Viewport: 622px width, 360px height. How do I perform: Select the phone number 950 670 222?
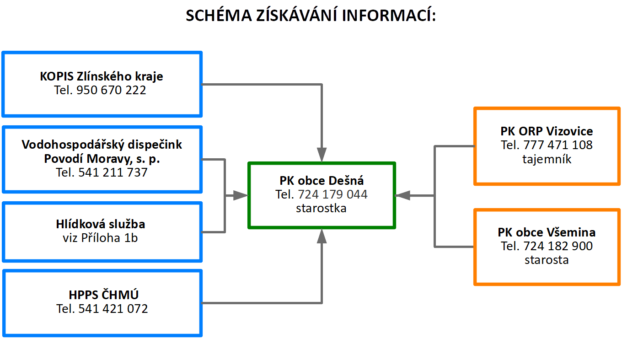pyautogui.click(x=111, y=90)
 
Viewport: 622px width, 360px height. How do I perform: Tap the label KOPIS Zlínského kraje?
pyautogui.click(x=102, y=76)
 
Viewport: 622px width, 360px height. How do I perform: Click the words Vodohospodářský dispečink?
pyautogui.click(x=102, y=145)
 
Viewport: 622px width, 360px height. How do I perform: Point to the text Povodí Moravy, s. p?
pyautogui.click(x=102, y=159)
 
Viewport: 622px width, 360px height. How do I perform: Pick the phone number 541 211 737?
pyautogui.click(x=113, y=172)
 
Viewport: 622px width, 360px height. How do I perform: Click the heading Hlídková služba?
pyautogui.click(x=101, y=224)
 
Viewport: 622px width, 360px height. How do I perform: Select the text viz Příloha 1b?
pyautogui.click(x=100, y=238)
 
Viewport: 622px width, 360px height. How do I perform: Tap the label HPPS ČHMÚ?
pyautogui.click(x=103, y=295)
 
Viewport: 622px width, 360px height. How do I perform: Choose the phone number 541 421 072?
pyautogui.click(x=113, y=309)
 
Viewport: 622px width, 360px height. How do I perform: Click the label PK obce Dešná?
pyautogui.click(x=322, y=181)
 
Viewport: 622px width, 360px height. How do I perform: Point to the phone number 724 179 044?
pyautogui.click(x=332, y=194)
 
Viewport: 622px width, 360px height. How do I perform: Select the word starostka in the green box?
pyautogui.click(x=321, y=208)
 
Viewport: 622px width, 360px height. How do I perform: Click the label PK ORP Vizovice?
pyautogui.click(x=547, y=131)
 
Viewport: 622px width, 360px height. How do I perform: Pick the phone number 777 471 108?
pyautogui.click(x=558, y=145)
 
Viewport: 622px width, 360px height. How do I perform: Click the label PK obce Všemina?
pyautogui.click(x=547, y=232)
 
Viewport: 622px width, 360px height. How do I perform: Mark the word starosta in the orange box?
pyautogui.click(x=547, y=260)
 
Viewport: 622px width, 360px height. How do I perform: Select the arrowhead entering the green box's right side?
pyautogui.click(x=402, y=196)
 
